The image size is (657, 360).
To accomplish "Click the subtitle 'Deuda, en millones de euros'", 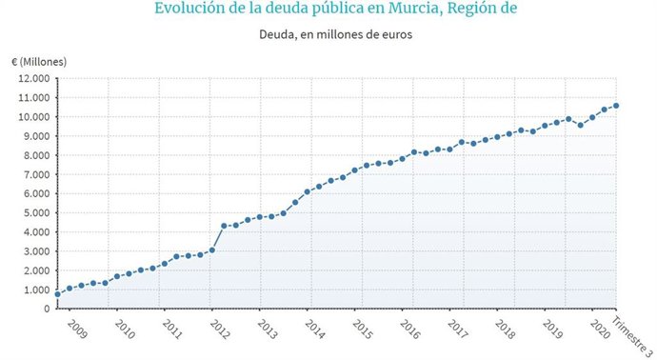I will coord(328,36).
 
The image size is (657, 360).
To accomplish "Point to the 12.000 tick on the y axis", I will coord(36,78).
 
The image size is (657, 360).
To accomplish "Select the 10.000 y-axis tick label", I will coord(36,117).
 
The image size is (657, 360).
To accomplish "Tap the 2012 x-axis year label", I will coord(218,330).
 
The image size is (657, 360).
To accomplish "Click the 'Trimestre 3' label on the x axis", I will coord(628,335).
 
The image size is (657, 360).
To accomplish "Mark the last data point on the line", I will coord(616,106).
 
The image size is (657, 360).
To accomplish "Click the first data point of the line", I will coord(57,294).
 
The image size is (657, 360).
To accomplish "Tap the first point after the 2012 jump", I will coord(224,226).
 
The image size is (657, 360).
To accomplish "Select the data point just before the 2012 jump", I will coord(212,250).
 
